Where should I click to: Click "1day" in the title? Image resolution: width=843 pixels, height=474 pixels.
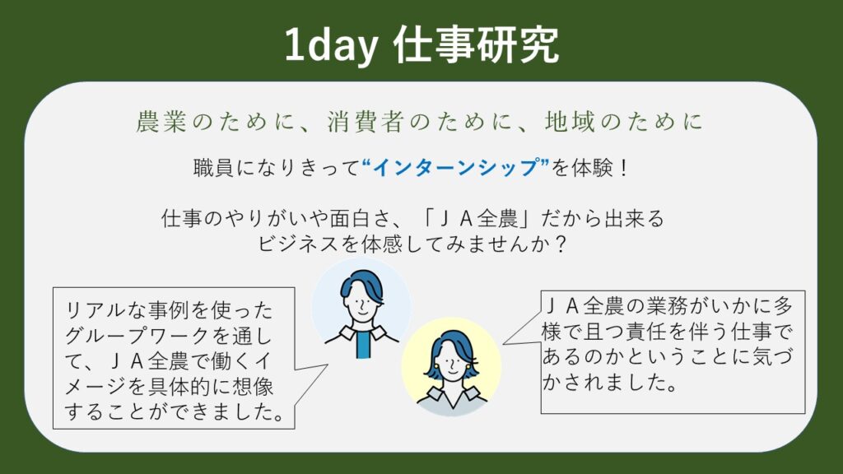[x=331, y=45]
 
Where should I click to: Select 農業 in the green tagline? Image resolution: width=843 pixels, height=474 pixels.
[x=161, y=122]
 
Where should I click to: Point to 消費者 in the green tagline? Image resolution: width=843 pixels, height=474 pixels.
[x=366, y=122]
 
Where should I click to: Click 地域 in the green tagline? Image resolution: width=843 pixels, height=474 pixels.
[x=570, y=122]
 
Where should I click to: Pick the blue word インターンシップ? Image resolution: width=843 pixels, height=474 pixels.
[x=456, y=168]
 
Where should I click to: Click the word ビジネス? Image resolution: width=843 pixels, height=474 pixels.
[x=299, y=244]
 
